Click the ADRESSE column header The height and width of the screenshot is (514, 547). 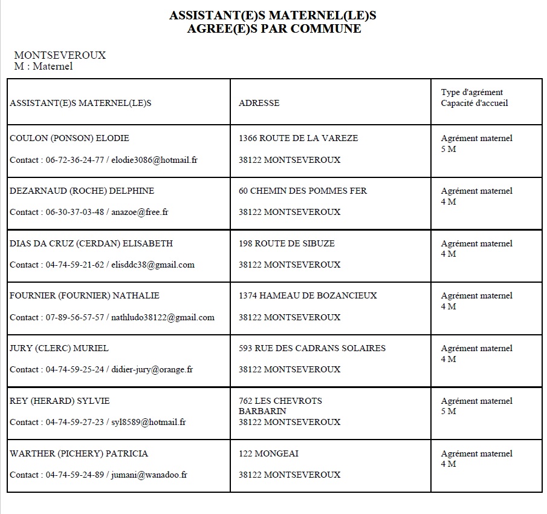259,103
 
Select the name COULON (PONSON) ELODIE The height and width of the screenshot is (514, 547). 70,138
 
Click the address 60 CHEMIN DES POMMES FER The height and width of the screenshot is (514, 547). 303,191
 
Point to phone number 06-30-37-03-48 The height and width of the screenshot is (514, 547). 75,212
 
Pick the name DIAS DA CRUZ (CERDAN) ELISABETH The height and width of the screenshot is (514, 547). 91,243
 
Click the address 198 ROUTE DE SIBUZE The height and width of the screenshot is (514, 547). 286,243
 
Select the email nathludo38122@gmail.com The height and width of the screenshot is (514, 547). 163,317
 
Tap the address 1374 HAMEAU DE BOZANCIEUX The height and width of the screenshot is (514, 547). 308,295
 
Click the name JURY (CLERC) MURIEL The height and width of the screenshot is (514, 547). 59,348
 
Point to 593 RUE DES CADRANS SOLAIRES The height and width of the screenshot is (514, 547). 312,348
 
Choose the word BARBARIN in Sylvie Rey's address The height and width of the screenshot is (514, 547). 262,411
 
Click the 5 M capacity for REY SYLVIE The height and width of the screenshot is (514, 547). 448,412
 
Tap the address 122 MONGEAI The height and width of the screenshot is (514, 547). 268,453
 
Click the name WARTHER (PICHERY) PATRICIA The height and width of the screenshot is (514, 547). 79,453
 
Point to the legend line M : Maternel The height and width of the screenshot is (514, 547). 44,66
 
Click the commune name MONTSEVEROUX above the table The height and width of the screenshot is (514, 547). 60,55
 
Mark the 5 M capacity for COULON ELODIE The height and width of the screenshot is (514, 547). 448,149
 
